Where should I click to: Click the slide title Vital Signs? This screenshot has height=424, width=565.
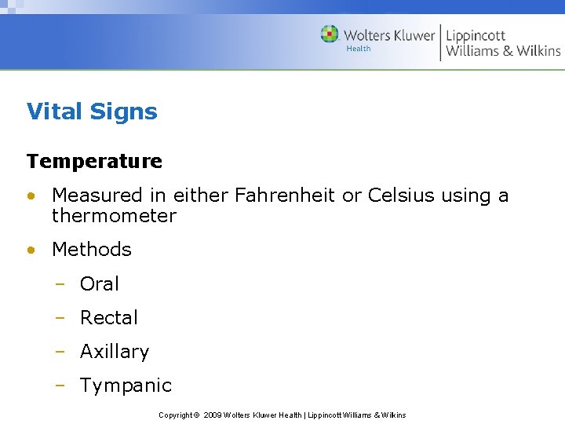92,111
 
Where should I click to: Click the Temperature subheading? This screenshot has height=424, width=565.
94,161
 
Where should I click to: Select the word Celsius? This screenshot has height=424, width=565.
399,195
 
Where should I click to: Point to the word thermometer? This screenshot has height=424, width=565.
114,215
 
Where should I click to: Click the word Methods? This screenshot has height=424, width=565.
92,250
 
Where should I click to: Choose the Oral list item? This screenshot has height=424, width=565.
100,283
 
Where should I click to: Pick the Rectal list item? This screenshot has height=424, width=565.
109,317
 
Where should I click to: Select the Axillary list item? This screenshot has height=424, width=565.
115,352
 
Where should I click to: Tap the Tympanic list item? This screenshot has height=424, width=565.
126,386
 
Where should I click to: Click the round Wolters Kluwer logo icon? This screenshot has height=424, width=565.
330,35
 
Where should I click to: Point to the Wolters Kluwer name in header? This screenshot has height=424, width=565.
388,35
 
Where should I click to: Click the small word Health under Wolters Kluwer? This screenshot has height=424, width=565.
359,49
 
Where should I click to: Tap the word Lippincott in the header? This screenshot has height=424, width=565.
476,35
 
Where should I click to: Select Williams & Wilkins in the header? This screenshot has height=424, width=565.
503,51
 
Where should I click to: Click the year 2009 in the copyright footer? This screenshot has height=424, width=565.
212,415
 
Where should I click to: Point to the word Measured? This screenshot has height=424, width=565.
97,195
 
